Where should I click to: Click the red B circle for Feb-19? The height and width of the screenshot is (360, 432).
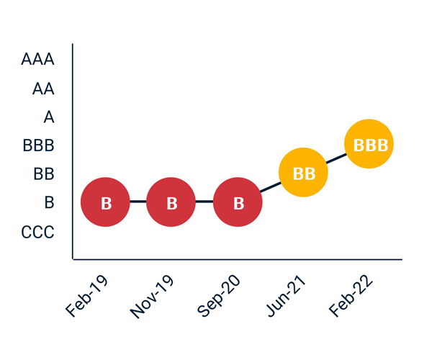(105, 203)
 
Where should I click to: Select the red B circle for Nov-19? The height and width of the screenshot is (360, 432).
(171, 203)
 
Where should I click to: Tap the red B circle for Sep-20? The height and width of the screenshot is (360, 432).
(238, 203)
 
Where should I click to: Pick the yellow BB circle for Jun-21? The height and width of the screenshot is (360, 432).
(304, 173)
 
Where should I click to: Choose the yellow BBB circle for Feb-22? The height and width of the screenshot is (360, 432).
(370, 145)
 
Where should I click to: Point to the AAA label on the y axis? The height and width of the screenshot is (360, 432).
(38, 59)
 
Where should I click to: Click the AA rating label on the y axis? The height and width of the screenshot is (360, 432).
(43, 89)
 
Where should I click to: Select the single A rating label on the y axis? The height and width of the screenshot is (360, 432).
(49, 117)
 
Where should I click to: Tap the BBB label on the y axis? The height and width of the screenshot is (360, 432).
(39, 146)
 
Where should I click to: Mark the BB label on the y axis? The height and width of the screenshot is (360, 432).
(43, 174)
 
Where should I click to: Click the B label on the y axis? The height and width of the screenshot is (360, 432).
(49, 203)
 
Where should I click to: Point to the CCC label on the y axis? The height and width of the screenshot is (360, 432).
(37, 232)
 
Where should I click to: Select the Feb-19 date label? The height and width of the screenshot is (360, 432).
(89, 296)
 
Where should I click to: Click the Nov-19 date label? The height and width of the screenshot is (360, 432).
(153, 296)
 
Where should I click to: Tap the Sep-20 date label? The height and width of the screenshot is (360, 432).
(220, 296)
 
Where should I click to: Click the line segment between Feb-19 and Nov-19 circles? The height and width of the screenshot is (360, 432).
(138, 203)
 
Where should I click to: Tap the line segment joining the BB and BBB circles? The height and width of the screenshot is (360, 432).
(336, 159)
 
